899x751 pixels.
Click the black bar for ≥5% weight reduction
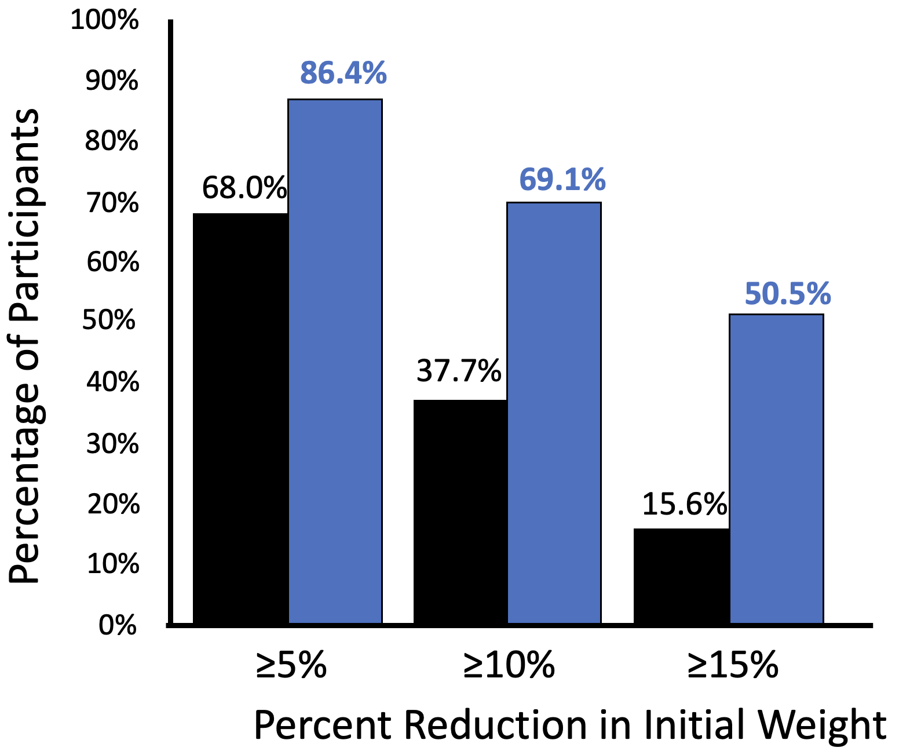[x=240, y=418]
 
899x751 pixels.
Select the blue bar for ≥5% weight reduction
[x=335, y=362]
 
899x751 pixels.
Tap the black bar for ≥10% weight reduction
[x=460, y=512]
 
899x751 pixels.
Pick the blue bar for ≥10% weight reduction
[x=554, y=413]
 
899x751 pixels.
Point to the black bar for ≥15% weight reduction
[x=681, y=576]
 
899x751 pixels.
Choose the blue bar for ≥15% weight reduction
[x=776, y=469]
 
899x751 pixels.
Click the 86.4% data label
[x=343, y=74]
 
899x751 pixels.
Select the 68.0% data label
[x=244, y=188]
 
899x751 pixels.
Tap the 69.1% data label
[x=562, y=180]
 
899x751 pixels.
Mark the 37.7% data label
[x=459, y=371]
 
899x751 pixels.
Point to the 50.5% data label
[x=787, y=294]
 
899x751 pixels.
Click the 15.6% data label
[x=684, y=504]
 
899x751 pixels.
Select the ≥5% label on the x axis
[x=291, y=665]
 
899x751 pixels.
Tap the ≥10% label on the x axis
[x=509, y=665]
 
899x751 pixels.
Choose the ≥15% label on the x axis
[x=733, y=665]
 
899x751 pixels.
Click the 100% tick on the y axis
[x=105, y=20]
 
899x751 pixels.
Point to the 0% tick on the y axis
[x=118, y=626]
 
